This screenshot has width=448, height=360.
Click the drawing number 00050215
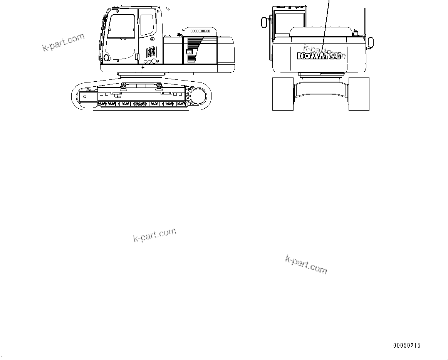click(407, 346)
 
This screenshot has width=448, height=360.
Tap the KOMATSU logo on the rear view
click(319, 56)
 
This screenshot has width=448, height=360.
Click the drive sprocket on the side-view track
click(198, 96)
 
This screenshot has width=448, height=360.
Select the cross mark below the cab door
click(143, 67)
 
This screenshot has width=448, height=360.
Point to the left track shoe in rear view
click(282, 94)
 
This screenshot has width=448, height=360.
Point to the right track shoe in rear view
click(359, 94)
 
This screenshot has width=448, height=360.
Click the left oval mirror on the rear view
click(263, 22)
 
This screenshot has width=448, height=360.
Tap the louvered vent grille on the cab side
click(151, 52)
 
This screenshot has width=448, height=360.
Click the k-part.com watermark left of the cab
click(63, 43)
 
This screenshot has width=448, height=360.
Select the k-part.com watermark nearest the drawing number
click(306, 265)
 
